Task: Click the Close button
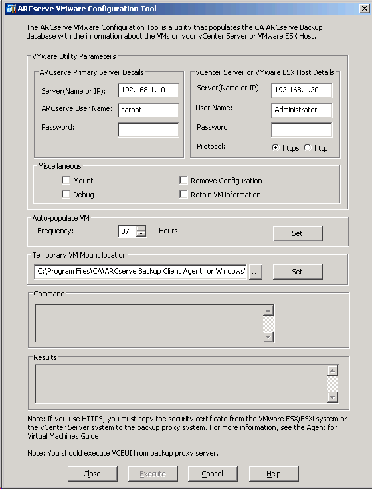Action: coord(92,474)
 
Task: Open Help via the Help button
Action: coord(274,474)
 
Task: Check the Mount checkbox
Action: coord(66,181)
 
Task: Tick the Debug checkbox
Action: coord(66,195)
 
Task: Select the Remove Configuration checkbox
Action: coord(184,181)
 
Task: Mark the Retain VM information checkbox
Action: coord(184,195)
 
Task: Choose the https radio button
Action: coord(276,148)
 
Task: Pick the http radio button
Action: coord(308,148)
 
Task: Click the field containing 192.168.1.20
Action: coord(302,90)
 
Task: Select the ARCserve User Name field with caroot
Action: coord(148,110)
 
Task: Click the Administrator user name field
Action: coord(302,110)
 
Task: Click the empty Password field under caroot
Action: coord(148,130)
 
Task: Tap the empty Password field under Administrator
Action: coord(302,130)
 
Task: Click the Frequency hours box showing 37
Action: coord(126,231)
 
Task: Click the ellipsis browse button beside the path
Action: coord(256,272)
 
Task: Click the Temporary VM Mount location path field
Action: coord(140,272)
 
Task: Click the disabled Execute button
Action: coord(153,474)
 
